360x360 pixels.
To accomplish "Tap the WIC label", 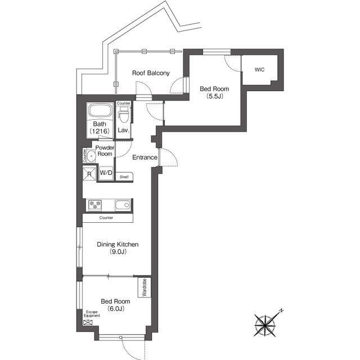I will tap(259, 70).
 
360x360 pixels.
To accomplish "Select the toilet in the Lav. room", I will tap(123, 116).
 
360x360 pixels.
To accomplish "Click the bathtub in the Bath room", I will tap(100, 111).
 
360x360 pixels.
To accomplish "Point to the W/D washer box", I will tap(106, 173).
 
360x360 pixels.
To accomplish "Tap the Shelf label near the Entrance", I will tap(124, 177).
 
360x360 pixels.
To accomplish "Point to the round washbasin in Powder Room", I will tap(90, 156).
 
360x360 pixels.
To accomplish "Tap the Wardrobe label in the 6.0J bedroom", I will tap(144, 287).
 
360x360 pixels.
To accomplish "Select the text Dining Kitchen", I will tap(118, 244).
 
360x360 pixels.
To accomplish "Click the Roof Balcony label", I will tap(151, 73).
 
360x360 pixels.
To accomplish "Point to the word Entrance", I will tap(145, 157).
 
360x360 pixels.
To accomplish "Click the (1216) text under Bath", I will tap(100, 131).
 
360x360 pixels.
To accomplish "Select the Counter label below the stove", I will tap(106, 218).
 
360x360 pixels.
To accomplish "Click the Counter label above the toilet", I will tap(124, 103).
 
